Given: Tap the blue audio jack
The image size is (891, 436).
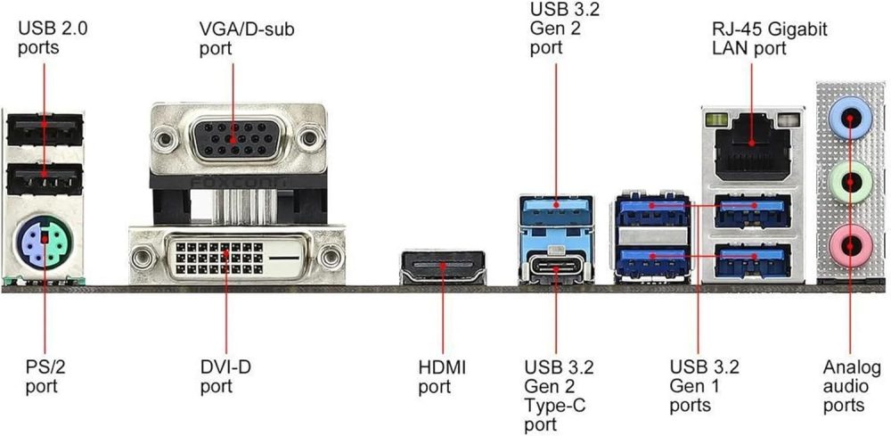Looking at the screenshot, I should point(850,116).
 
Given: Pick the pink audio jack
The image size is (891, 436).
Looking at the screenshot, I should point(850,242).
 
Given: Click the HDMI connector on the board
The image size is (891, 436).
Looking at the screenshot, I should point(443,267).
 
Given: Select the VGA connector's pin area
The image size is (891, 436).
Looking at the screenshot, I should point(233,138).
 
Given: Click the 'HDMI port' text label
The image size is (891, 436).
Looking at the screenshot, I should point(442,376).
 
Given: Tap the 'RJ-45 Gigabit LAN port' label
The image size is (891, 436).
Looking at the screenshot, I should point(769,38).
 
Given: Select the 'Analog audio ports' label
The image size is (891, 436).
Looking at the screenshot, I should point(852,386).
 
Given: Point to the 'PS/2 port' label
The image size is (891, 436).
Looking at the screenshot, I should point(42,376).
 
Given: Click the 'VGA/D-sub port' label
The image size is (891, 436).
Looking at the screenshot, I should point(246,38).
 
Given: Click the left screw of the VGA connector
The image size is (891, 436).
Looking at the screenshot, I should point(162,138).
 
